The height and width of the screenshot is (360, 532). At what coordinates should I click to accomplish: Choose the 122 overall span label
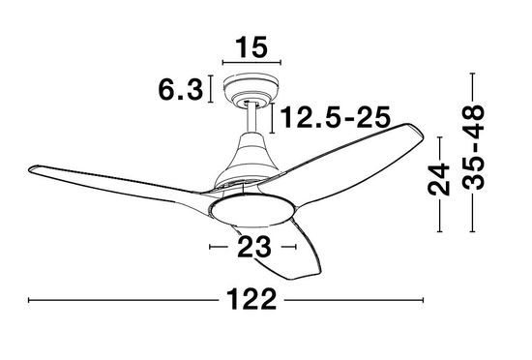(251, 302)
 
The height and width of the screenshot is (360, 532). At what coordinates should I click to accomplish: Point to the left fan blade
(116, 179)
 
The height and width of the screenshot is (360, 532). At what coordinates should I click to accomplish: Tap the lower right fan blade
(290, 252)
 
